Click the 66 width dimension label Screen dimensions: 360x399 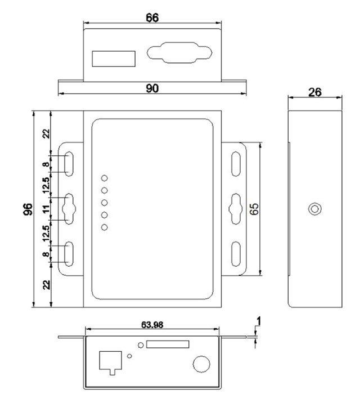152,17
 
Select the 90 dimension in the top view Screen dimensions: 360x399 152,88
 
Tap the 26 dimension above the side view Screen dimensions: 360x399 314,92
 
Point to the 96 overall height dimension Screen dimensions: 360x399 28,209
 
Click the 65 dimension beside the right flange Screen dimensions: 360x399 254,209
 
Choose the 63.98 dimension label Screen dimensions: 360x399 152,325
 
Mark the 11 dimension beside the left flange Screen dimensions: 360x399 46,209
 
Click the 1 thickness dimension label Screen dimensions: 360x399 259,321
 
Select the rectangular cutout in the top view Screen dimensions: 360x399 114,59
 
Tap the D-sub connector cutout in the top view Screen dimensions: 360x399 179,53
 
